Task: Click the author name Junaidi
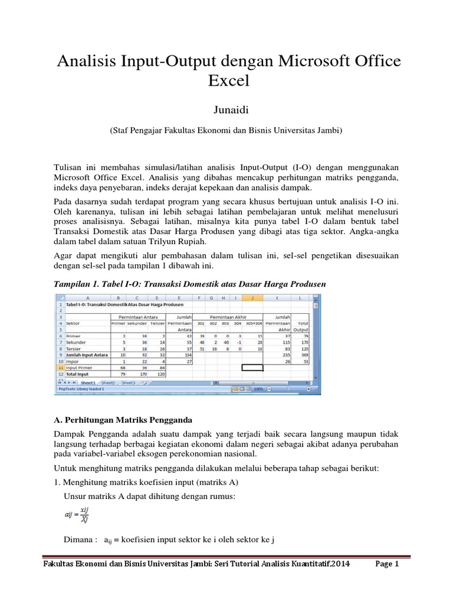pyautogui.click(x=226, y=109)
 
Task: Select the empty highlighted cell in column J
pyautogui.click(x=252, y=367)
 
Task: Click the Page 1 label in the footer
pyautogui.click(x=388, y=564)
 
